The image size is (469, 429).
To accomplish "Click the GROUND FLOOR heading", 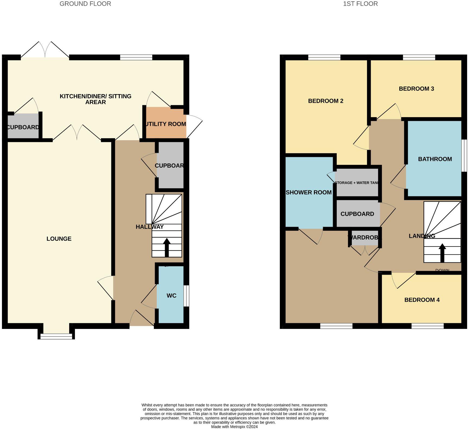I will [85, 4].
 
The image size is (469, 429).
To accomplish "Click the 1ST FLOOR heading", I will [360, 4].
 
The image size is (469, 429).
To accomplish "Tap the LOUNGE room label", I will [59, 239].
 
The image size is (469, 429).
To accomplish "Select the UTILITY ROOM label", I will [166, 124].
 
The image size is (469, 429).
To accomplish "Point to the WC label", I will [171, 296].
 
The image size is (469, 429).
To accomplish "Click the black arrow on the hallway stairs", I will [166, 247].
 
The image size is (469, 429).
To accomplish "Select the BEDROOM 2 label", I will [325, 101].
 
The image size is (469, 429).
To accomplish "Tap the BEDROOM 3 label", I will [416, 89].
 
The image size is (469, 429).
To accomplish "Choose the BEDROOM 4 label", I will [422, 300].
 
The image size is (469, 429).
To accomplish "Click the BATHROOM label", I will [435, 159].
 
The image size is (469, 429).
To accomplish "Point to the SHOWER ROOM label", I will [309, 193].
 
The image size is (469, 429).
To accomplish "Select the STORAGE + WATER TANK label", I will [357, 183].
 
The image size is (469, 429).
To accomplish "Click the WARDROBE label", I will [365, 238].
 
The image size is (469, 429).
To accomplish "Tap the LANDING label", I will [422, 236].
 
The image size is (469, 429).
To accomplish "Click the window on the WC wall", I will [186, 296].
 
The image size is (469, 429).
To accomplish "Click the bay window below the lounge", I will [56, 336].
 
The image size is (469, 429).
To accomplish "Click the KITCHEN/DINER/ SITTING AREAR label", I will [95, 99].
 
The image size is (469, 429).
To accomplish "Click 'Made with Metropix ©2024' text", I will [234, 427].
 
